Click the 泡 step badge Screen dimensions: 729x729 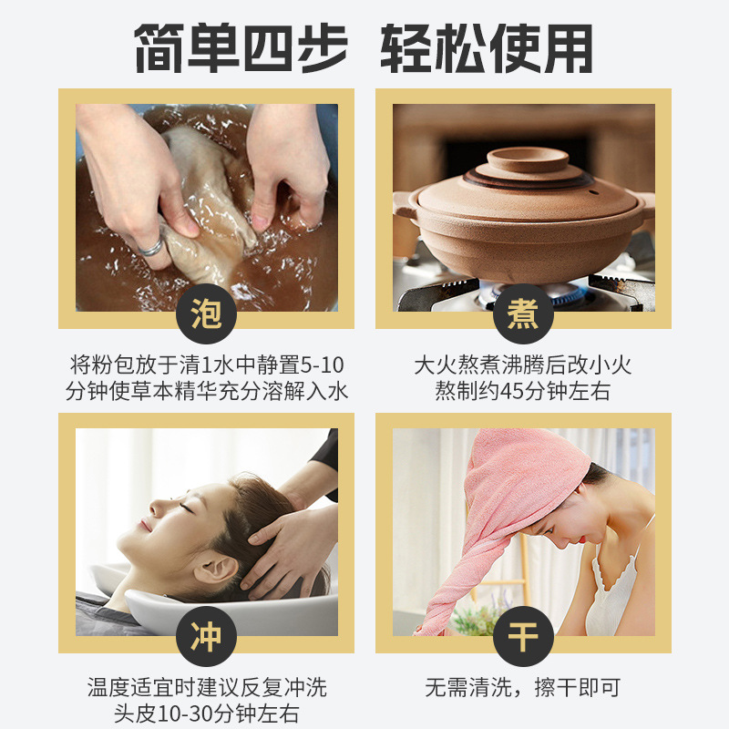point(206,313)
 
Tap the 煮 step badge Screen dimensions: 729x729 point(523,313)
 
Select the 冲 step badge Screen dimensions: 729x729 point(206,636)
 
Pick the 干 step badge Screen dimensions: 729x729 point(523,636)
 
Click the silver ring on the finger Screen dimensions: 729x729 point(150,246)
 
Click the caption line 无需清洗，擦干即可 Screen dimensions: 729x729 point(523,687)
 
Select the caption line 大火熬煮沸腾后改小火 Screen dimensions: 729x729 point(523,365)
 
